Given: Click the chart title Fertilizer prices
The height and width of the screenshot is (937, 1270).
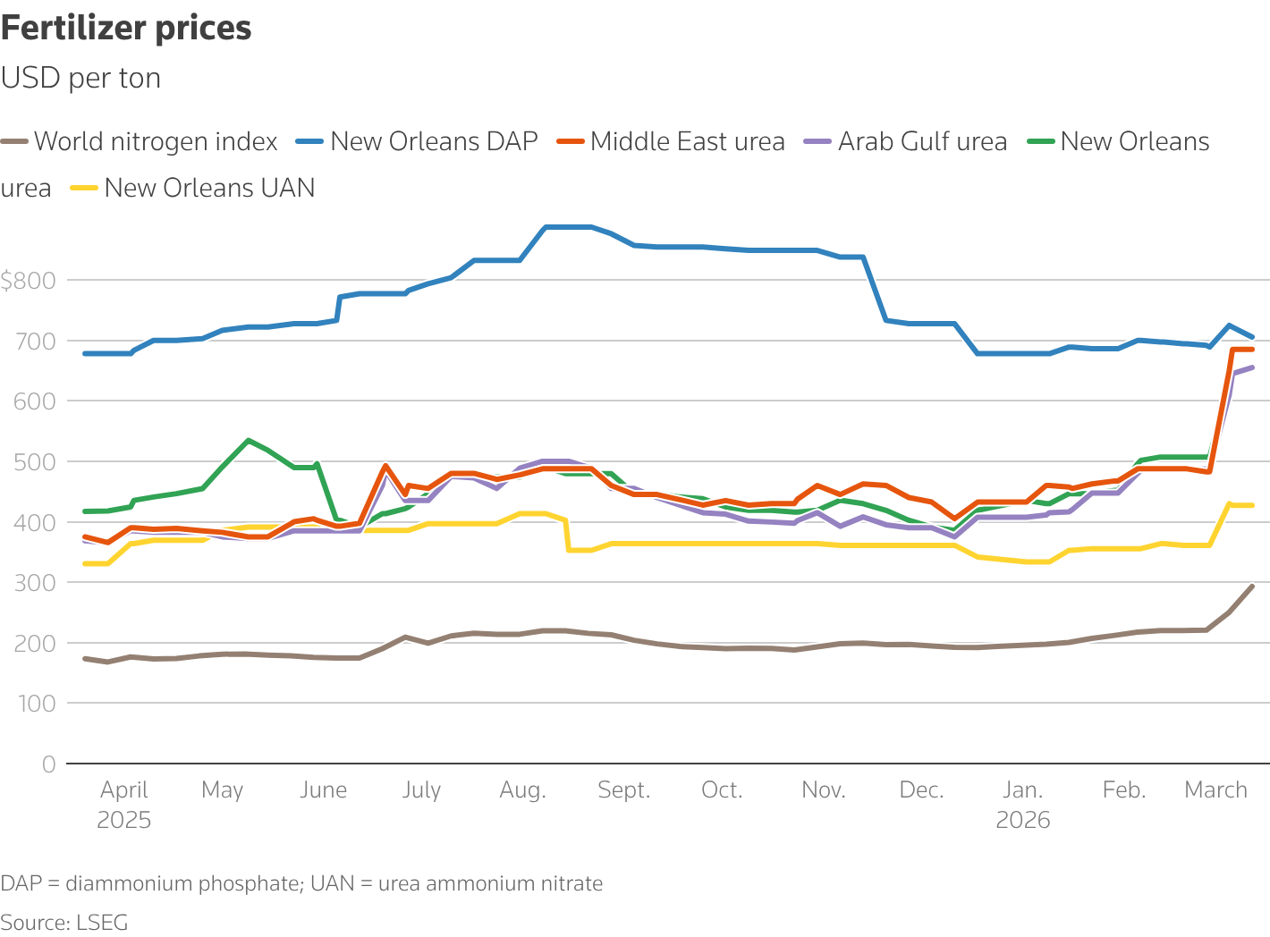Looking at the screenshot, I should coord(126,29).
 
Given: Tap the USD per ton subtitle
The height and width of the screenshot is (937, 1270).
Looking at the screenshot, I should coord(80,79).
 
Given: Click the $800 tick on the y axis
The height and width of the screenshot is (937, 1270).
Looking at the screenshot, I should coord(28,281).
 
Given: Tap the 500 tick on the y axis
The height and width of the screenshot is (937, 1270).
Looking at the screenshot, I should coord(35,462).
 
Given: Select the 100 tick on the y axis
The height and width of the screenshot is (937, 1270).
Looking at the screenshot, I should coord(35,704).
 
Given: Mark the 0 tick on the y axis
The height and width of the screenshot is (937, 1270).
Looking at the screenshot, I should coord(48,764).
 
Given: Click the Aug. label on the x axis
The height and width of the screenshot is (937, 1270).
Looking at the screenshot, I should coord(522,790).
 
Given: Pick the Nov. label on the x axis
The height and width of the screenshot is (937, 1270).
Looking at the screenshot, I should coord(823,790).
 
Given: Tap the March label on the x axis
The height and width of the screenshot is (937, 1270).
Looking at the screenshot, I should coord(1215,790).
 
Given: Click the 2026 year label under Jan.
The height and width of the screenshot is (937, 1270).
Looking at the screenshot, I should coord(1022,821).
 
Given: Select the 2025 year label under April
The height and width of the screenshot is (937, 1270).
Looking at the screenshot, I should coord(123,821).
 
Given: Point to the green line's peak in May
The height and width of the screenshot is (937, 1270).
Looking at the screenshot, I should coord(248,440).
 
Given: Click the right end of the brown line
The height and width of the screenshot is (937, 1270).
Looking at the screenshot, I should coord(1252,587).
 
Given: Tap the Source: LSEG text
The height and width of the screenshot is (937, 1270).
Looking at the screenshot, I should coord(64,923).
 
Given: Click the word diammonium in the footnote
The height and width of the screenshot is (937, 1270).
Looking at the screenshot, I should coord(129,884).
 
